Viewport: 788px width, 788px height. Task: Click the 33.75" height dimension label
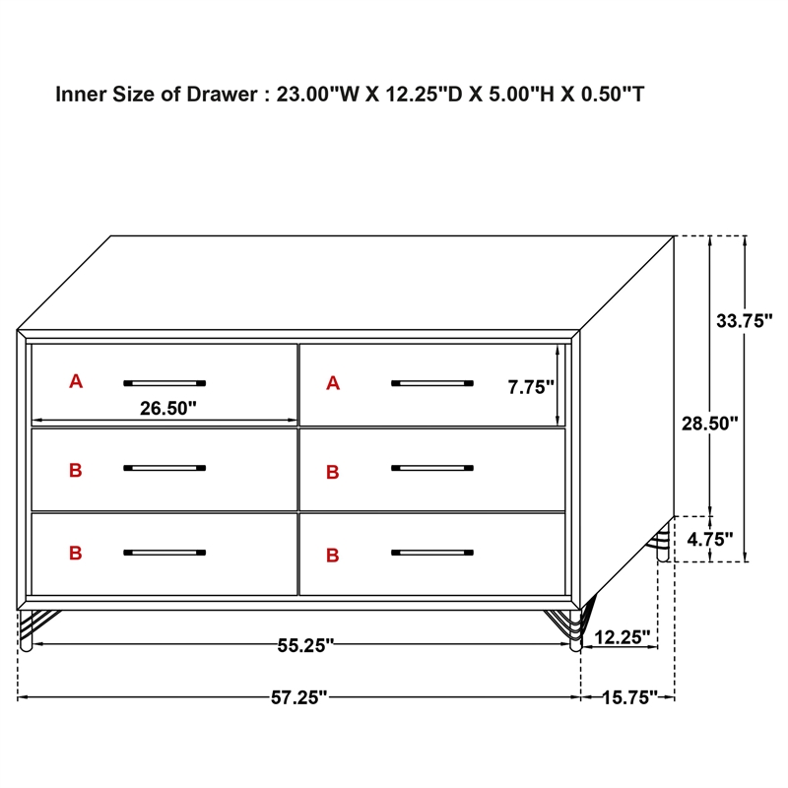point(746,320)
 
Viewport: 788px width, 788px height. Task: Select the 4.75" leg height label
point(711,539)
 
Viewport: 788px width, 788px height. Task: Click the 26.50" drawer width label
point(168,408)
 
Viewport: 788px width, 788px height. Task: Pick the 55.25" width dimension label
point(305,645)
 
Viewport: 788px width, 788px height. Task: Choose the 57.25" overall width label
point(298,697)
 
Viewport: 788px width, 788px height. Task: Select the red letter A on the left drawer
point(76,382)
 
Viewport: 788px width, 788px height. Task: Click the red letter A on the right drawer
point(333,383)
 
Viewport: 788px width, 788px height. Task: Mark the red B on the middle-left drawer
point(76,471)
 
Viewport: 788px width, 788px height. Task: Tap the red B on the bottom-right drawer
point(333,556)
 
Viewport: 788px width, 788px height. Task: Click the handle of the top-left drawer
point(164,382)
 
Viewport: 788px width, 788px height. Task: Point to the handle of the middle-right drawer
point(431,468)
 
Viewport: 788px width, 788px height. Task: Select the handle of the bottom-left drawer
point(164,553)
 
